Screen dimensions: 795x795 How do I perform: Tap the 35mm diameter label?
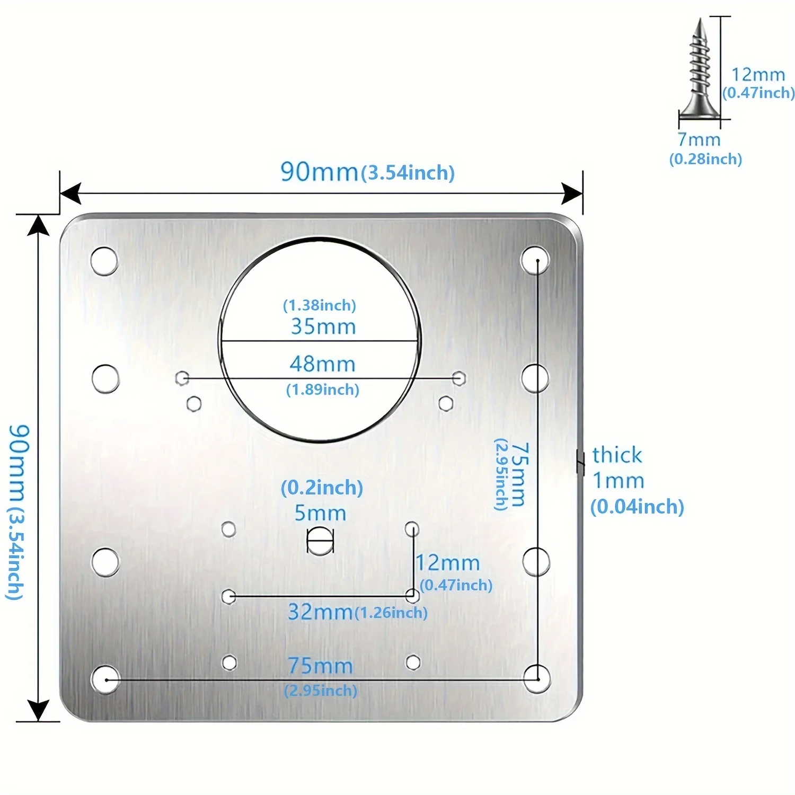(x=323, y=326)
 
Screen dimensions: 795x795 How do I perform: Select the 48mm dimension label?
(x=322, y=364)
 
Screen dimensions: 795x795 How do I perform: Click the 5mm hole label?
(x=320, y=513)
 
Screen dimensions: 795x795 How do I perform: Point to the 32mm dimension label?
(x=320, y=612)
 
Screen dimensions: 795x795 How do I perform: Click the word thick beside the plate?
(x=617, y=455)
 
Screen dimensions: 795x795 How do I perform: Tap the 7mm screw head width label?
(x=700, y=140)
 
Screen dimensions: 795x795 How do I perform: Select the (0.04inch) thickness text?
(x=637, y=507)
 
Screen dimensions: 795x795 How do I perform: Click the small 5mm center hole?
(x=320, y=541)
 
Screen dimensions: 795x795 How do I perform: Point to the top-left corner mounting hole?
(x=104, y=261)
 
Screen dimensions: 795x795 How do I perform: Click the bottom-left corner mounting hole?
(x=105, y=679)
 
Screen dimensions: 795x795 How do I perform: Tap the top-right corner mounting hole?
(x=535, y=260)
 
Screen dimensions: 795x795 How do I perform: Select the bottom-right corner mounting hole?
(x=537, y=679)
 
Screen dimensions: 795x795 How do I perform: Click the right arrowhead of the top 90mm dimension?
(x=572, y=193)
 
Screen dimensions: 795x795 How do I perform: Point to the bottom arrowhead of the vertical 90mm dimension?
(x=38, y=710)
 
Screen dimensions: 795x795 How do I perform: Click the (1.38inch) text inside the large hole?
(x=319, y=305)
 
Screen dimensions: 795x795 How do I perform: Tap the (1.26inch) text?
(x=391, y=613)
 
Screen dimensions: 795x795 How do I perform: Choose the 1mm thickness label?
(x=618, y=481)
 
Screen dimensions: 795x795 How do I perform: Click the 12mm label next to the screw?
(x=758, y=75)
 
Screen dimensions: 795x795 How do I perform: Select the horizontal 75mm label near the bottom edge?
(x=320, y=666)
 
